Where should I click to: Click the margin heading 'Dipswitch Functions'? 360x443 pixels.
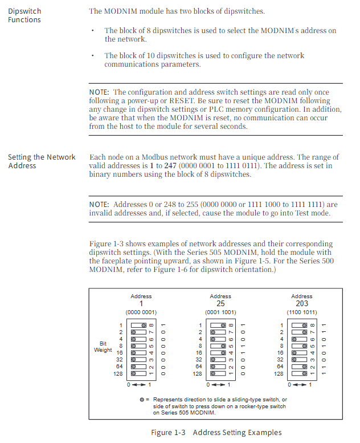point(24,15)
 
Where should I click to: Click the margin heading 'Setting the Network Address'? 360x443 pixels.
point(42,161)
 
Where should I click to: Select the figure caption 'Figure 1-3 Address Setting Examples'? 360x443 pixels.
point(216,432)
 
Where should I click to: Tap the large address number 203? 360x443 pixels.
point(301,304)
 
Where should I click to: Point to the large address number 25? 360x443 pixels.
point(220,304)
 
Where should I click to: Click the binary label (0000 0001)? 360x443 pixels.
point(141,312)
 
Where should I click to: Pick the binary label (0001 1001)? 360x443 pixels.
point(220,312)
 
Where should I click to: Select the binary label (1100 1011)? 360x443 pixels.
point(301,312)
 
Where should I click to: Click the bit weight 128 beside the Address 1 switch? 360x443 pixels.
point(118,373)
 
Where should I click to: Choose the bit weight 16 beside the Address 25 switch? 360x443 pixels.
point(199,353)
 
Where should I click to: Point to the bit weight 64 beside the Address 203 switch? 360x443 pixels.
point(280,367)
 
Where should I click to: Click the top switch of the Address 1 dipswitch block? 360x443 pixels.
point(139,325)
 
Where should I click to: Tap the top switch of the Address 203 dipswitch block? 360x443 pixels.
point(300,325)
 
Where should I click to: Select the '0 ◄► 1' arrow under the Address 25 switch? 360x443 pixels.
point(219,385)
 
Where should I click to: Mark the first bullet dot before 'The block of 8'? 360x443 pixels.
point(93,31)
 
